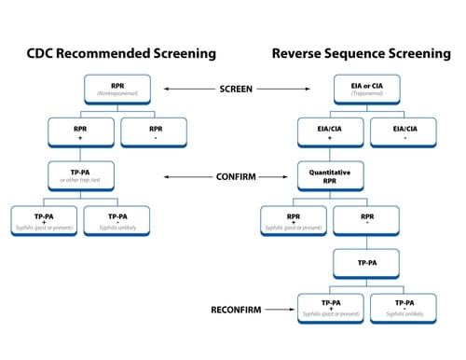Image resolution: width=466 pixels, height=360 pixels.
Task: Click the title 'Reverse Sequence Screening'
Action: pos(355,53)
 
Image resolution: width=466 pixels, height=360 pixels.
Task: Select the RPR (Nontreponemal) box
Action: pos(117,90)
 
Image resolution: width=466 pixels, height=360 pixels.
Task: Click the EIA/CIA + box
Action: pos(330,132)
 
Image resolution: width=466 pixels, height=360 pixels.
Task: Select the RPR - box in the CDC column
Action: pos(154,132)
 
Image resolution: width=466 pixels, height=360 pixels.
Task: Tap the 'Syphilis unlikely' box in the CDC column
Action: pos(117,219)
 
